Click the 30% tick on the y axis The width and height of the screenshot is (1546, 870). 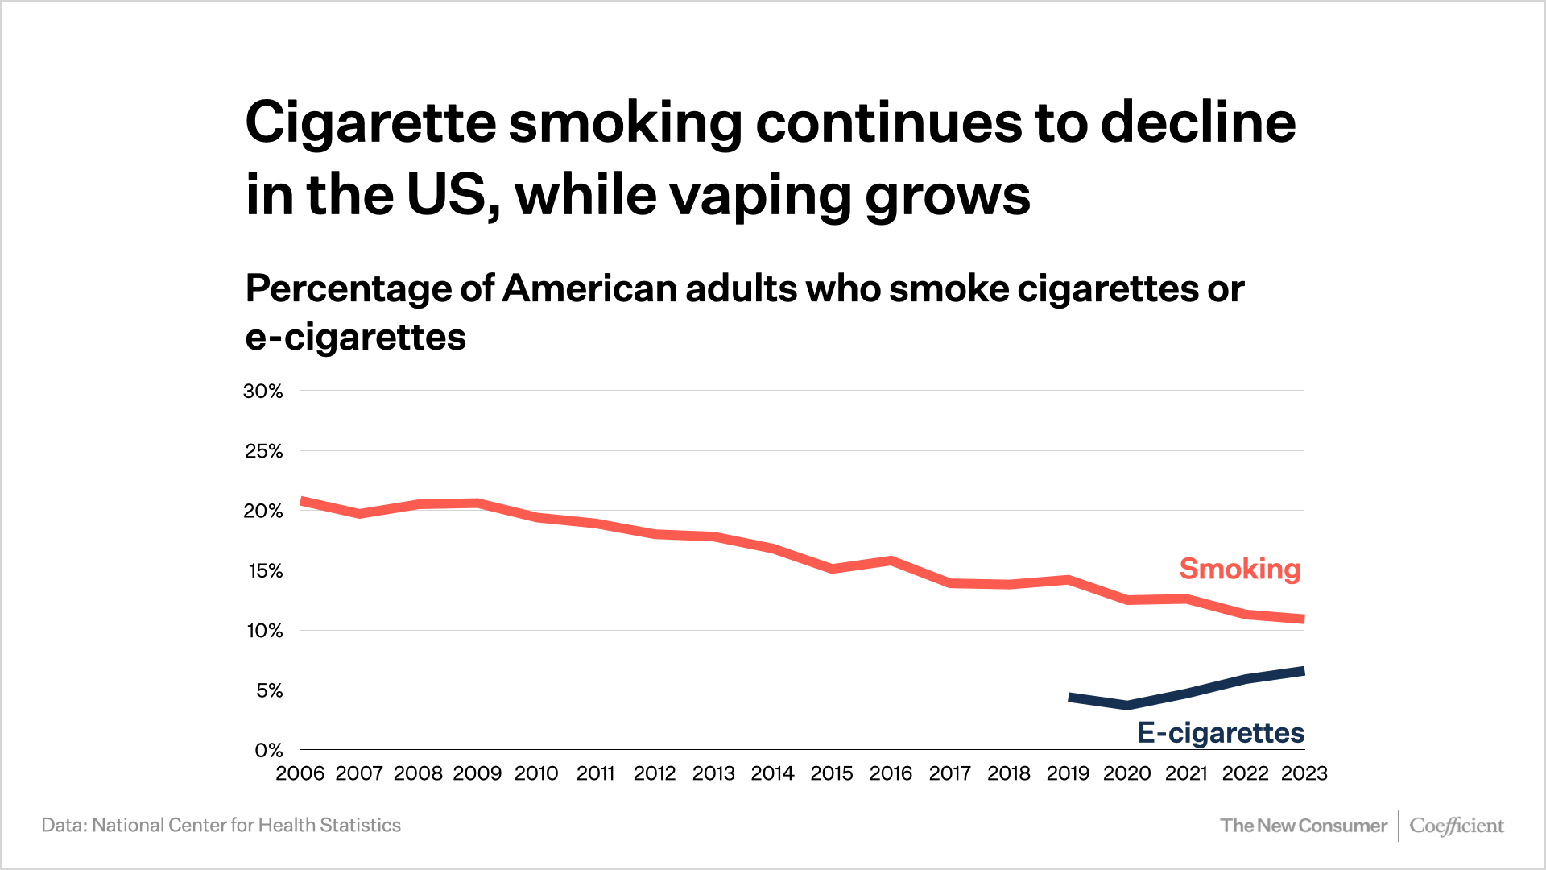click(x=263, y=391)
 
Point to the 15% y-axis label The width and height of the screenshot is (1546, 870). click(x=265, y=571)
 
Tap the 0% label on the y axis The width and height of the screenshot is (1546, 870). click(x=269, y=751)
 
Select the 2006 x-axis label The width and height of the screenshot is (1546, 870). click(x=300, y=773)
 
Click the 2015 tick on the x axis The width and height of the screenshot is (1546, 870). click(x=831, y=773)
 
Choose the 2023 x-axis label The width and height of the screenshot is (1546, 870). click(x=1304, y=773)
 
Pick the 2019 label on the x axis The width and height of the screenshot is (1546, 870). click(x=1068, y=773)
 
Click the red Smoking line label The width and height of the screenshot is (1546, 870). click(x=1239, y=569)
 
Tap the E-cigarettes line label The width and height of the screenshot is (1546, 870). click(x=1220, y=733)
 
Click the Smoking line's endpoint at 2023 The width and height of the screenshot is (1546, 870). click(x=1303, y=619)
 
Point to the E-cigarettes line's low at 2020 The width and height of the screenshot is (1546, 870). click(x=1127, y=705)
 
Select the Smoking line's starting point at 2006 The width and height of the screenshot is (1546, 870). click(x=302, y=502)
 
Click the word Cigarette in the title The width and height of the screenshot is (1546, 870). click(x=370, y=123)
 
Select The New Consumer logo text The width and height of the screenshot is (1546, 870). click(x=1303, y=826)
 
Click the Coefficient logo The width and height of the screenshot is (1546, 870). click(x=1456, y=826)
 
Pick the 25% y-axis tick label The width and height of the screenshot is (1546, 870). click(x=264, y=451)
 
